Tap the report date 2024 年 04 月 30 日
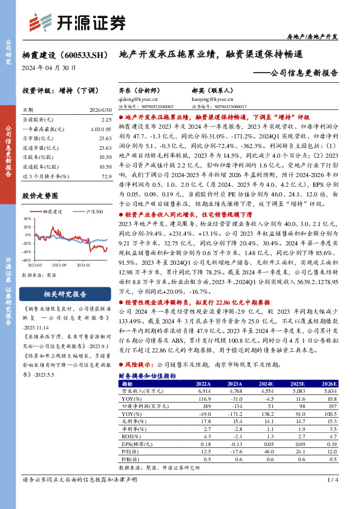[49, 68]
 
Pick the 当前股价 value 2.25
[105, 120]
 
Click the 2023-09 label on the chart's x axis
[59, 265]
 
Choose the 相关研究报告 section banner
[67, 294]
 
